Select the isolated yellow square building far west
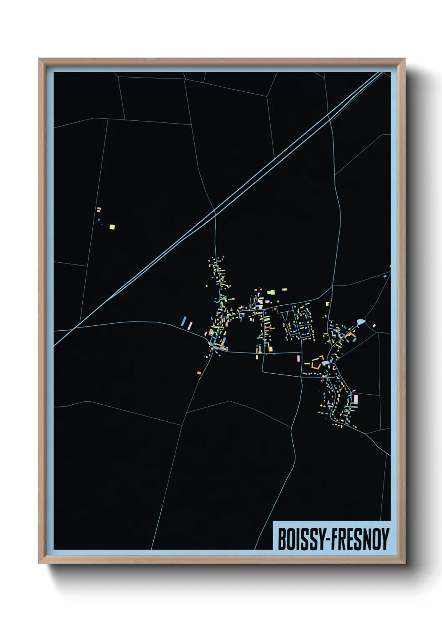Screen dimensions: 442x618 point(112,227)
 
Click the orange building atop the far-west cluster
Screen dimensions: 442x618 point(99,208)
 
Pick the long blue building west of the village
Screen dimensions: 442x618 point(183,321)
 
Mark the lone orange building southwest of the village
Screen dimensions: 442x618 point(199,372)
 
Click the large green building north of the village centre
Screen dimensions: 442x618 point(271,292)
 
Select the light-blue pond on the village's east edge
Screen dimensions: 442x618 point(361,322)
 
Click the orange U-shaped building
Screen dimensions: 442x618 point(316,363)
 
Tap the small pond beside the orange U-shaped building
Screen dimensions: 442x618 point(325,364)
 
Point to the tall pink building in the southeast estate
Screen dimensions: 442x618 point(356,399)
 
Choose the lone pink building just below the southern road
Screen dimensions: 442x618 point(298,358)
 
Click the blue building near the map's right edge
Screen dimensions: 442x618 point(385,276)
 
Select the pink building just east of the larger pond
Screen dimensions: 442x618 point(373,326)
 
